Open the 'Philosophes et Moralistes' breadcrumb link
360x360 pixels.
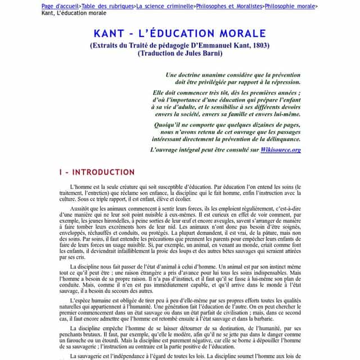[228, 6]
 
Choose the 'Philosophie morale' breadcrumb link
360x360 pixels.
[290, 6]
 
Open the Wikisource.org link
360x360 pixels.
[281, 150]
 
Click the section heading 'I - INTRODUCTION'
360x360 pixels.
[97, 172]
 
